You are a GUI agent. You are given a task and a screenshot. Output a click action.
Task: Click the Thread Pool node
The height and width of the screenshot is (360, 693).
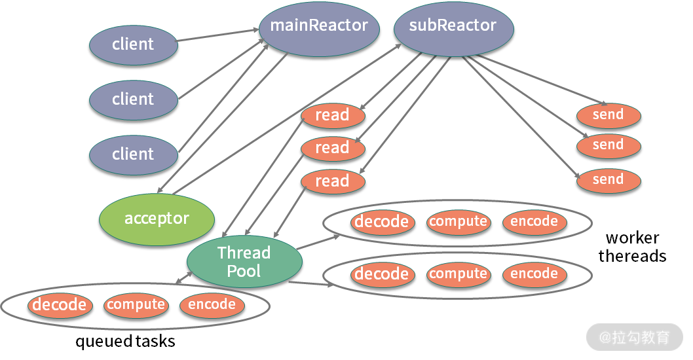[x=244, y=262]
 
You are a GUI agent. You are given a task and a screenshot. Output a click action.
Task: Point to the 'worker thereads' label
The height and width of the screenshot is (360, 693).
[x=632, y=247]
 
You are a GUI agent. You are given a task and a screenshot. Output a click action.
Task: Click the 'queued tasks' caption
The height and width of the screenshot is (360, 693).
[x=125, y=341]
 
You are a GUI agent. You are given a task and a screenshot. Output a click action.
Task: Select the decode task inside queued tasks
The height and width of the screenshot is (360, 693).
[x=60, y=304]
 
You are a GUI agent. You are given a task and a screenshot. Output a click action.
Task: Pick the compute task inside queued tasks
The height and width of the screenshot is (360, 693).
[x=136, y=304]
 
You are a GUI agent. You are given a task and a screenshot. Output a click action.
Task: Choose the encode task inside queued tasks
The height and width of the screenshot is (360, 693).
[x=212, y=304]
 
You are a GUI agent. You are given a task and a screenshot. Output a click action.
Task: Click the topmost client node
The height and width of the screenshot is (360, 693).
[x=133, y=45]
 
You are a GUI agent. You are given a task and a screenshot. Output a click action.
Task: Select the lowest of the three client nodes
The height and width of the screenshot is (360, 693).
[x=133, y=154]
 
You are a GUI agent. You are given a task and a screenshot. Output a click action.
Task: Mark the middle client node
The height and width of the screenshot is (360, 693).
[x=133, y=99]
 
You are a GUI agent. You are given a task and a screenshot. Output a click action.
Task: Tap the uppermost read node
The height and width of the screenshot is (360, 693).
[x=332, y=116]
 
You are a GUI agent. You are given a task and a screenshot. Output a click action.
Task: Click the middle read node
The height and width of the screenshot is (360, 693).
[x=332, y=149]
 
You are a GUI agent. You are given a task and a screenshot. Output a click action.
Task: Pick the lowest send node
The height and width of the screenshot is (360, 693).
[x=608, y=180]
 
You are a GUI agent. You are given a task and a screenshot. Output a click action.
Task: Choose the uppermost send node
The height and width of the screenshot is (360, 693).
[x=608, y=115]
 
